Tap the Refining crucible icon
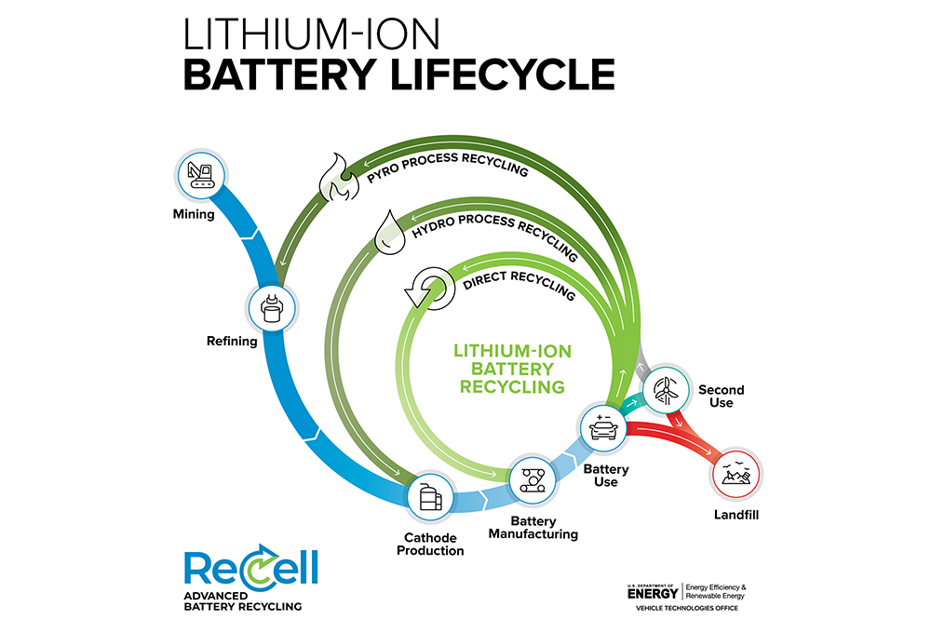[272, 305]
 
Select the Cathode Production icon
[431, 496]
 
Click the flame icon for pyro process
[335, 181]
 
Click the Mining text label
[194, 215]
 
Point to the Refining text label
[231, 341]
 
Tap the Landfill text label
[735, 515]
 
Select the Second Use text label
[721, 396]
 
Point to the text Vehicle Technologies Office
[686, 608]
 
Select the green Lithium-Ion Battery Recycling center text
[511, 368]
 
